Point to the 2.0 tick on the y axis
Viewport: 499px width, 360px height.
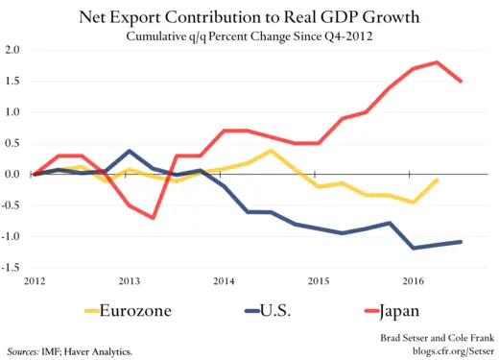(x=13, y=50)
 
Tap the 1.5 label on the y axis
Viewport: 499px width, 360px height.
(x=13, y=81)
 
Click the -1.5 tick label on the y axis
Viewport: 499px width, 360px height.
(x=12, y=268)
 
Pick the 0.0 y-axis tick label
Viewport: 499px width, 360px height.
(x=13, y=175)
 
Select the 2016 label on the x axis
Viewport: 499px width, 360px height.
(x=414, y=281)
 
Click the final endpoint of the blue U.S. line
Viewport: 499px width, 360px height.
(x=462, y=241)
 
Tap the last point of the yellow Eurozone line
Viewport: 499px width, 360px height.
(x=439, y=180)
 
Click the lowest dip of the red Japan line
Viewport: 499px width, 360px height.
(x=154, y=218)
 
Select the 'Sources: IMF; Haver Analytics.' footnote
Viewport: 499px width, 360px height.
(x=69, y=351)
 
